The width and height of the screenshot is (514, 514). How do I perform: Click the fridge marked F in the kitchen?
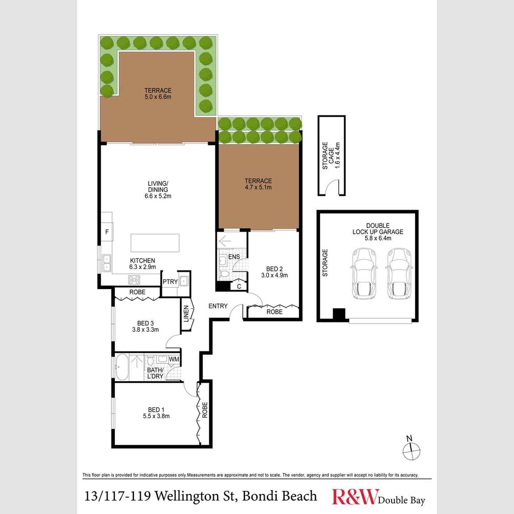pos(107,232)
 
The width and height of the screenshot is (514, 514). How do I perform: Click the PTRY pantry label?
pos(169,282)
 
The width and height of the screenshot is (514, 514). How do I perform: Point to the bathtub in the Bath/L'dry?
pos(122,367)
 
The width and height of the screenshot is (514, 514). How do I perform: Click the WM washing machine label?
pos(174,359)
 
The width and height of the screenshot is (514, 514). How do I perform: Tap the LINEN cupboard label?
pos(186,314)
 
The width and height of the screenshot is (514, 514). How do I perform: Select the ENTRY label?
pos(218,306)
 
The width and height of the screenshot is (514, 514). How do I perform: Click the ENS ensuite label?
pos(234,257)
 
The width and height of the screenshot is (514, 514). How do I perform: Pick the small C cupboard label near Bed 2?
pos(239,286)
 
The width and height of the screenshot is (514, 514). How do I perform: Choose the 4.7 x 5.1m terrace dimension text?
pos(258,188)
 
